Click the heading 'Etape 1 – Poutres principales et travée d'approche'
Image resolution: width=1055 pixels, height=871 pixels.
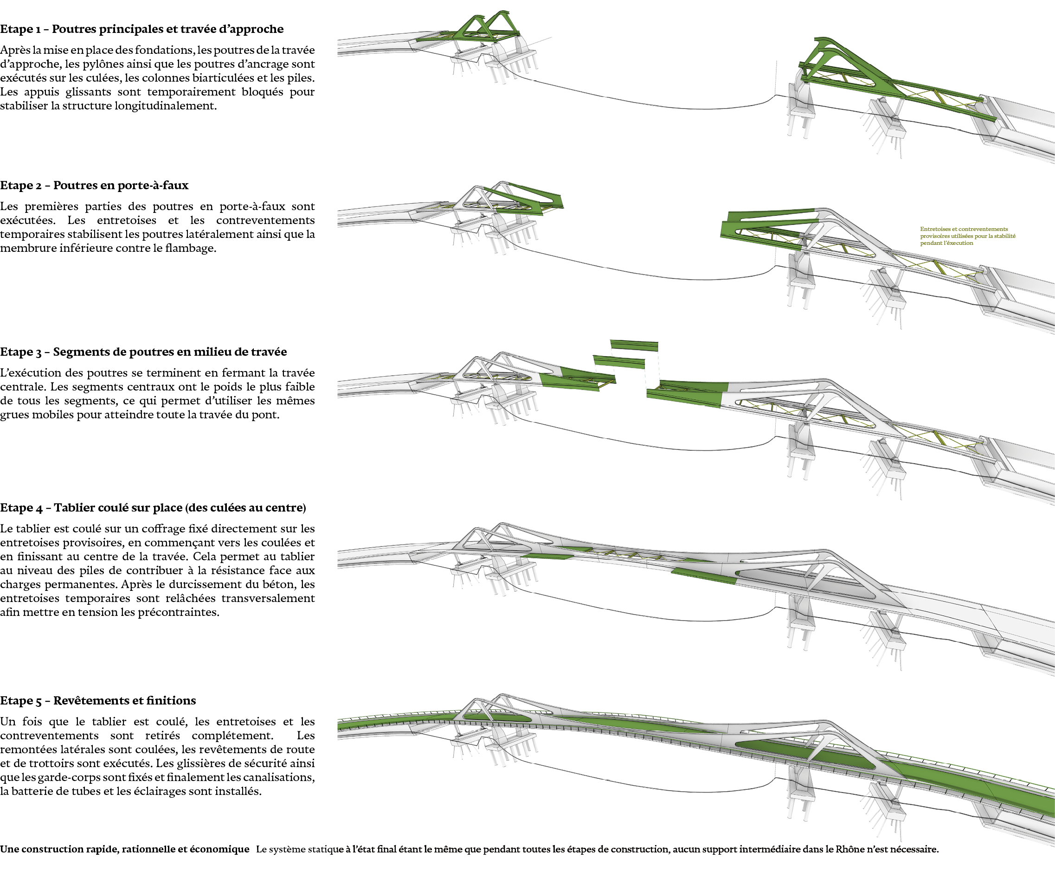coord(142,29)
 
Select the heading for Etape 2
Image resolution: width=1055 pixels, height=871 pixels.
coord(94,186)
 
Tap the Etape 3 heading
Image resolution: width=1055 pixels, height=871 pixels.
coord(143,352)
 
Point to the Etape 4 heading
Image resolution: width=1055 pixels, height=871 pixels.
coord(153,508)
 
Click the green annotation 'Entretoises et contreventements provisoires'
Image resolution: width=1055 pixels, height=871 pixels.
coord(967,236)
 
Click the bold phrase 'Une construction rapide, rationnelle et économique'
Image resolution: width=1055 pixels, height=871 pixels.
coord(124,849)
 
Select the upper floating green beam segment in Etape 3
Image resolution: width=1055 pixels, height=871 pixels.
coord(634,345)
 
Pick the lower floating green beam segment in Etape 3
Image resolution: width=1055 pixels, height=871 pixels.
coord(619,362)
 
